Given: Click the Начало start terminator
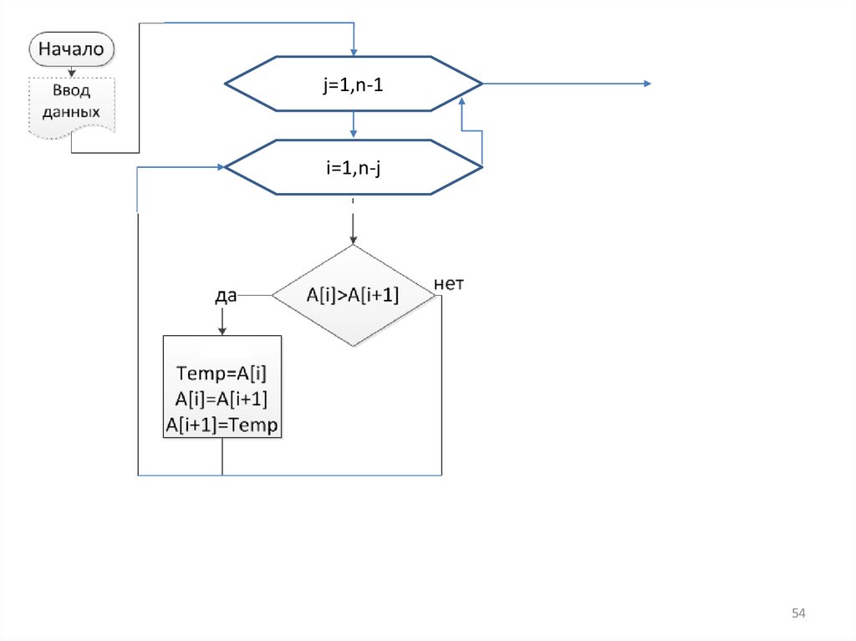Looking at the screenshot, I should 73,49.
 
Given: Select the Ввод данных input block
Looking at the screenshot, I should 73,100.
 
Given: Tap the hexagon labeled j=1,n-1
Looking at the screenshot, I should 354,84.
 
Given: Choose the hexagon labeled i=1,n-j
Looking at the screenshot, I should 354,167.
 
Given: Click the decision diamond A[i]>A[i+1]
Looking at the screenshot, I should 354,295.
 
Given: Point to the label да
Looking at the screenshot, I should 226,295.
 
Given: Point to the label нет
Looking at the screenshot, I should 449,284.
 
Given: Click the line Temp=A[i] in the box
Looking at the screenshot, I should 222,373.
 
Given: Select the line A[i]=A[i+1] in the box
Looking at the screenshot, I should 222,399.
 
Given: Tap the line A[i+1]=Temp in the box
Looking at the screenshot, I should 222,425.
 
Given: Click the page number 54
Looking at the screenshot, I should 798,614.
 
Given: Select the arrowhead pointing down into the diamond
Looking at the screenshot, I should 354,240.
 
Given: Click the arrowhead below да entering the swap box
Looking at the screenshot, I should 222,330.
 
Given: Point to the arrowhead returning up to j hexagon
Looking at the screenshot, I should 461,99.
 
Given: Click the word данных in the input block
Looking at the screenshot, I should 73,110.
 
